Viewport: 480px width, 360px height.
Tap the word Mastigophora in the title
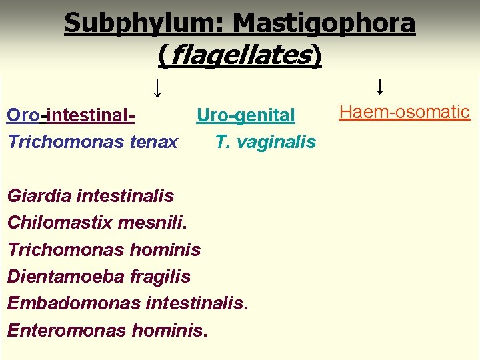coord(324,24)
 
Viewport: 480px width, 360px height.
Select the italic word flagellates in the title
coord(240,55)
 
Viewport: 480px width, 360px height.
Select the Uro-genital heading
coord(245,115)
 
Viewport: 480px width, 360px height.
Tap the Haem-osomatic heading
coord(405,111)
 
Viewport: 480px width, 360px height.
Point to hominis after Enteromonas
coord(169,329)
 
